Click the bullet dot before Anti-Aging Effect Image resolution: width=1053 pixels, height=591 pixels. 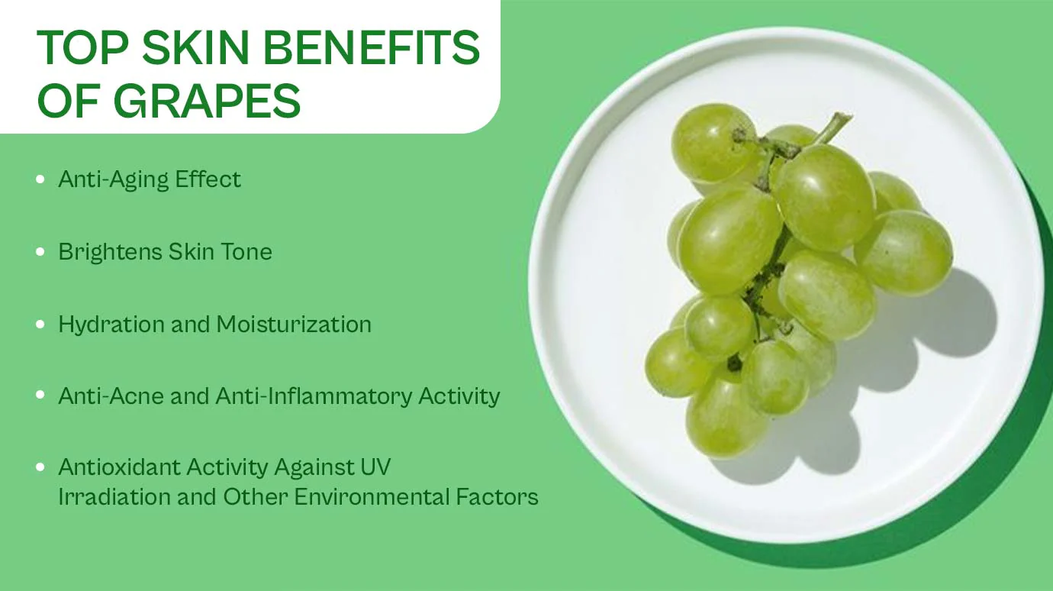click(40, 180)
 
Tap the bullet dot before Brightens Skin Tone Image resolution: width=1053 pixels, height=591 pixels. click(40, 252)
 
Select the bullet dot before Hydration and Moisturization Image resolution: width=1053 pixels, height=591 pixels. click(40, 325)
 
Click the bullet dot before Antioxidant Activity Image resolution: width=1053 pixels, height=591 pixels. click(40, 467)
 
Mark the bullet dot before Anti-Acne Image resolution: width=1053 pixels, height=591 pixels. click(40, 396)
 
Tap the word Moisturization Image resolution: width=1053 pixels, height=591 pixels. click(294, 324)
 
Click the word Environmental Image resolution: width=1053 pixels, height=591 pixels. click(372, 497)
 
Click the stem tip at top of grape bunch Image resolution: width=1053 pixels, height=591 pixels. click(844, 118)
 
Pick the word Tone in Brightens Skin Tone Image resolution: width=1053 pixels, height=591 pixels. click(248, 252)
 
